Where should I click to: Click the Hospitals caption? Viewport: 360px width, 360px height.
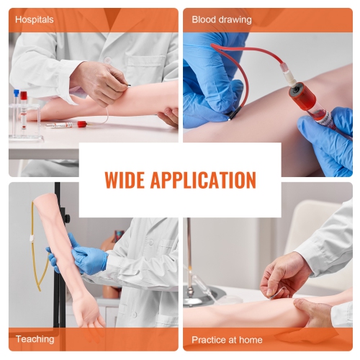click(35, 20)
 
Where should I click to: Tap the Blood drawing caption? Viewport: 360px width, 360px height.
click(222, 20)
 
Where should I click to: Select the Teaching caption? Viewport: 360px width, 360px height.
click(35, 339)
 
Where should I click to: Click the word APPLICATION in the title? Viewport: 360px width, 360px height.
click(209, 180)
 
